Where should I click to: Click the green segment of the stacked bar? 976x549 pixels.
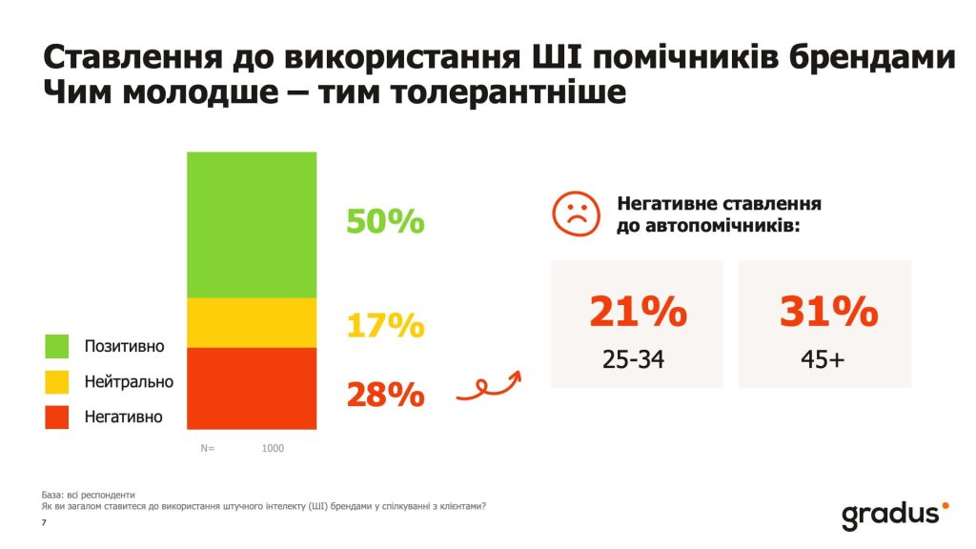252,224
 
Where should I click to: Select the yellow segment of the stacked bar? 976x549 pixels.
252,322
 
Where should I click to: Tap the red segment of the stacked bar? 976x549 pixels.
252,388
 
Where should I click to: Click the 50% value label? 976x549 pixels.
385,222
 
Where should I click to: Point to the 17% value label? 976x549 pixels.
385,326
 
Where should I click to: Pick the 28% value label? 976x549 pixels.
385,394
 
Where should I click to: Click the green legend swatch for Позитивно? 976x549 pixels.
57,346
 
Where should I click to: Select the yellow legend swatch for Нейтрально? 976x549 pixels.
57,381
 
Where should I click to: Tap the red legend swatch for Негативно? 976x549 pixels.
57,417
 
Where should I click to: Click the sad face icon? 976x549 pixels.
576,214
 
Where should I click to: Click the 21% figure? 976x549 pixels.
637,312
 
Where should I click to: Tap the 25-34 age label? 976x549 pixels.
633,360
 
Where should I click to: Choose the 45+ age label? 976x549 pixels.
824,360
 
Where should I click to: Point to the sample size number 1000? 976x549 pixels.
273,448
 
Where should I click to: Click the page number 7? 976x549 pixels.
45,523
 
